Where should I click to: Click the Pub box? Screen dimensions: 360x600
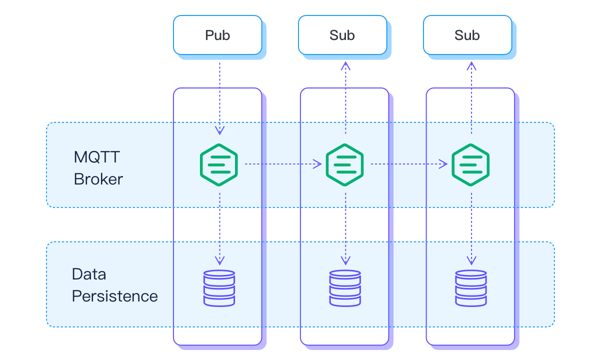point(217,35)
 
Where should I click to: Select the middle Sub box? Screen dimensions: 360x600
point(342,35)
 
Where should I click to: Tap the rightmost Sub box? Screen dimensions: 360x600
point(467,35)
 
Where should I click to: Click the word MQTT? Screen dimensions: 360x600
point(97,157)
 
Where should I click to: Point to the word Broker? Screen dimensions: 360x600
point(98,179)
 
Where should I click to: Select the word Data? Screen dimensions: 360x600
point(89,274)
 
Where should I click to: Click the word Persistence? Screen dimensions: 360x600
point(114,296)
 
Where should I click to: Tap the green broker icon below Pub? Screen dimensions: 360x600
point(219,164)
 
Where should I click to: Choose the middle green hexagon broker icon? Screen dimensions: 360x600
point(345,164)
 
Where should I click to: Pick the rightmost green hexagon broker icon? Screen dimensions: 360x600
point(470,164)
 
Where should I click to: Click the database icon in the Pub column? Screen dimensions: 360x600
point(219,288)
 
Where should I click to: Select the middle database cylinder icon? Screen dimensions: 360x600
point(345,288)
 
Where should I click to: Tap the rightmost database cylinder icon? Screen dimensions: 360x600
point(470,288)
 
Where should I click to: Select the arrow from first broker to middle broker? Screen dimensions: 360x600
point(282,163)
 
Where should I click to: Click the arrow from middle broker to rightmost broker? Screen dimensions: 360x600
point(408,163)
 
